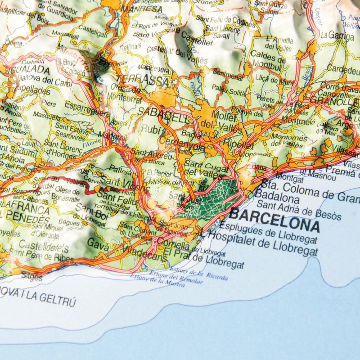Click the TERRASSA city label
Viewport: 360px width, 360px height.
(x=142, y=80)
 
